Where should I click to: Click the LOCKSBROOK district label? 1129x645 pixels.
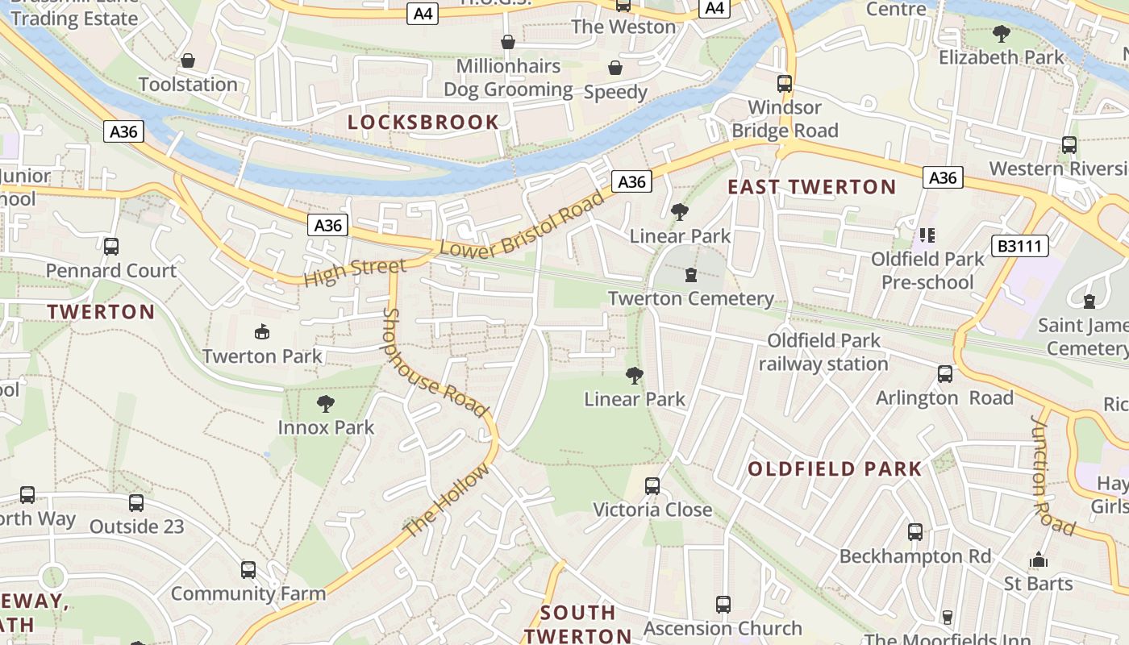[x=423, y=123]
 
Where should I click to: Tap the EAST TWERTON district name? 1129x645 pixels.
[x=811, y=187]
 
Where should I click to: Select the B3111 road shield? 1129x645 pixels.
[x=1019, y=246]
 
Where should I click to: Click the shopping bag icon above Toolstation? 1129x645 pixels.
[x=188, y=60]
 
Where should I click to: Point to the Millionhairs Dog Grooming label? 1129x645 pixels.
[x=508, y=77]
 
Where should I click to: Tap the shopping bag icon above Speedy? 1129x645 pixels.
[x=615, y=67]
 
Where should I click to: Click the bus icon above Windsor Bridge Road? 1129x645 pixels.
[x=784, y=83]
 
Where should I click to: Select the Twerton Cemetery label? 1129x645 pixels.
[x=690, y=299]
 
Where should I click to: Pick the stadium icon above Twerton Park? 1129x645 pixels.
[x=261, y=331]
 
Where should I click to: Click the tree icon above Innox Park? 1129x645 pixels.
[x=326, y=403]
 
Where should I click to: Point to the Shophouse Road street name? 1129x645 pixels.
[x=434, y=363]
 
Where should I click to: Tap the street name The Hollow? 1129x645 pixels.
[x=446, y=501]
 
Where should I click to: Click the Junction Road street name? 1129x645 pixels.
[x=1052, y=476]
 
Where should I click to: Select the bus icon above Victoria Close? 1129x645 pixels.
[x=652, y=486]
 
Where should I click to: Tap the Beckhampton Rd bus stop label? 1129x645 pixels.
[x=914, y=556]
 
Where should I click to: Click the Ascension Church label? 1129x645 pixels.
[x=723, y=628]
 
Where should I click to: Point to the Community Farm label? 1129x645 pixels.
[x=248, y=594]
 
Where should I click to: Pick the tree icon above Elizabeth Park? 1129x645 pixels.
[x=1001, y=34]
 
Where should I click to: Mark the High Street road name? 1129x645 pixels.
[x=355, y=272]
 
